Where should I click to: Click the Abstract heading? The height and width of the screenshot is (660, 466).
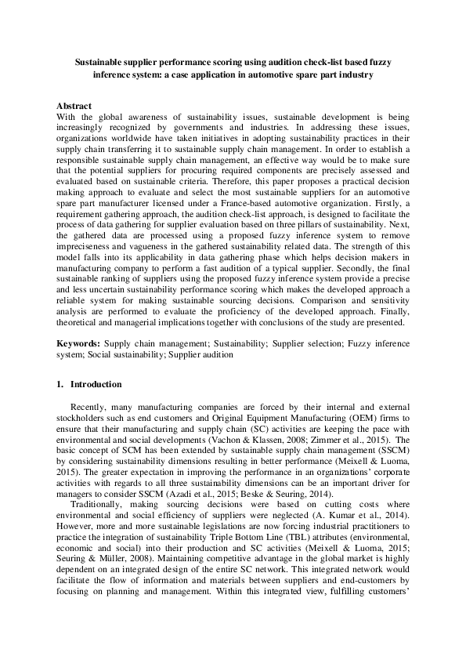click(74, 106)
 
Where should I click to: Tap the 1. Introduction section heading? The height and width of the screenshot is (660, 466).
click(89, 384)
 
